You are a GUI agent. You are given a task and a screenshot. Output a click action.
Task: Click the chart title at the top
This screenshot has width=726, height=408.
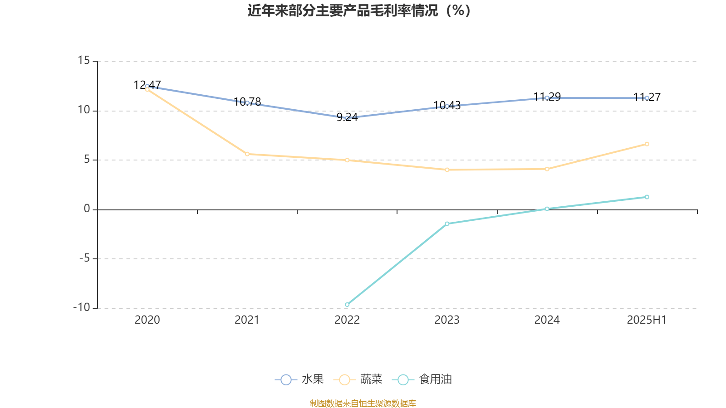359,11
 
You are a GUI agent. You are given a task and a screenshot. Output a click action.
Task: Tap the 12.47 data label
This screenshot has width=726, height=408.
147,85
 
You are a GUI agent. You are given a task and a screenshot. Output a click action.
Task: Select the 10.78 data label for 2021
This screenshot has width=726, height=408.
247,102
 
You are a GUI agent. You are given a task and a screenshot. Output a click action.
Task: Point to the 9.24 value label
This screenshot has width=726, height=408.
347,117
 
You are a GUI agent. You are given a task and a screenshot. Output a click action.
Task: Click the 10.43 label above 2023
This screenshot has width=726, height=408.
447,106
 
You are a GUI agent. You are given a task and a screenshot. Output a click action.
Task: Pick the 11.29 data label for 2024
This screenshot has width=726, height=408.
547,97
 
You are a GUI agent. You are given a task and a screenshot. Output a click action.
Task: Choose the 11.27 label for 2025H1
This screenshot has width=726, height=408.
647,97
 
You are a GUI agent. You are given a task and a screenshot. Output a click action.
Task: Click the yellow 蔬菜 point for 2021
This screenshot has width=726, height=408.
247,154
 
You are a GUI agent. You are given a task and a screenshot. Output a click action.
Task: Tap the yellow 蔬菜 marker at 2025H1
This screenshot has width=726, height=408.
647,144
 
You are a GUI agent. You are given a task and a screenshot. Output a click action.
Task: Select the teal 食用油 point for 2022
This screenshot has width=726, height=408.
347,305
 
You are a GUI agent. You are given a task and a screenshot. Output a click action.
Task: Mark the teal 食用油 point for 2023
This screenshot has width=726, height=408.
447,223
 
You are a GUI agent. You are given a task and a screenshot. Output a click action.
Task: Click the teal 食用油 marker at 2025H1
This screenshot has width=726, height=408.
647,197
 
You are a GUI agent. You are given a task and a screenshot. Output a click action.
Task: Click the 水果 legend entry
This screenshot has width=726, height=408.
299,379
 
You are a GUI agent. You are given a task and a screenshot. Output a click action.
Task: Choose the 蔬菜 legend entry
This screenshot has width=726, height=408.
358,379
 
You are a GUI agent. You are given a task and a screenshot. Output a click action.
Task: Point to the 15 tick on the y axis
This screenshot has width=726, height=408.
84,60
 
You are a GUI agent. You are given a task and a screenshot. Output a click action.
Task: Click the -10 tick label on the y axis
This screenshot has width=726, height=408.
82,307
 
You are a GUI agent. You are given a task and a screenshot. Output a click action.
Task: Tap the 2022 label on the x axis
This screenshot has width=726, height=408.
347,320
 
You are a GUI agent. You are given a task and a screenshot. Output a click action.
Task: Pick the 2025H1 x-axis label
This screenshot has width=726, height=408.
647,320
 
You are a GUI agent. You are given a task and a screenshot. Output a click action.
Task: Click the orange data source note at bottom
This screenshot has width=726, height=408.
363,403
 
